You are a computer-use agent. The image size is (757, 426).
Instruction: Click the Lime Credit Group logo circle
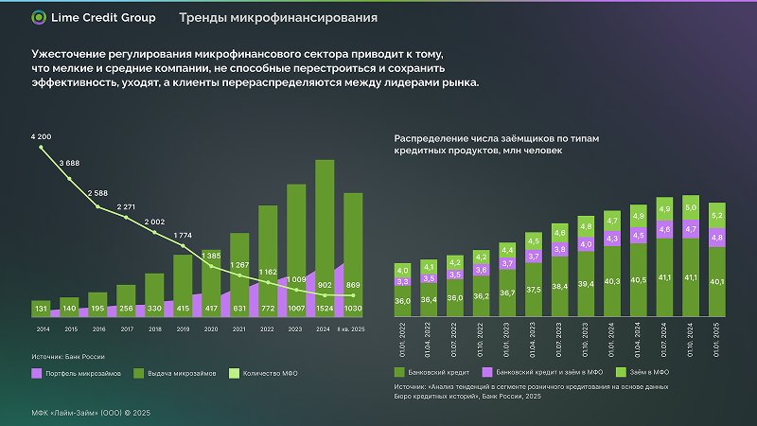pyautogui.click(x=38, y=17)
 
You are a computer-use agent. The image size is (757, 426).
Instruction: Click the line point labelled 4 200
pyautogui.click(x=41, y=148)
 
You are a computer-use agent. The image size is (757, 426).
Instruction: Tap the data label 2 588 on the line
pyautogui.click(x=97, y=193)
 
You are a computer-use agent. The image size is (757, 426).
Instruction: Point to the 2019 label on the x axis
pyautogui.click(x=183, y=328)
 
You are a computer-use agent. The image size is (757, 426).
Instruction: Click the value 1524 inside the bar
pyautogui.click(x=325, y=309)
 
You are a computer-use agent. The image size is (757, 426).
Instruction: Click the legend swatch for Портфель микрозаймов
pyautogui.click(x=37, y=374)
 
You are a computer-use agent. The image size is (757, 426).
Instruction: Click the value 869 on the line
pyautogui.click(x=353, y=285)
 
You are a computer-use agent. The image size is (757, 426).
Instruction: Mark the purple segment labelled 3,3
pyautogui.click(x=402, y=281)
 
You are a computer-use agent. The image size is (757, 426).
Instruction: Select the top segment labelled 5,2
pyautogui.click(x=717, y=216)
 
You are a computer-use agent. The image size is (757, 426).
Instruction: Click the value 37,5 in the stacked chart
pyautogui.click(x=534, y=290)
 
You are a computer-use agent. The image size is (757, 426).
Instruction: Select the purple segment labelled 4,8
pyautogui.click(x=717, y=238)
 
